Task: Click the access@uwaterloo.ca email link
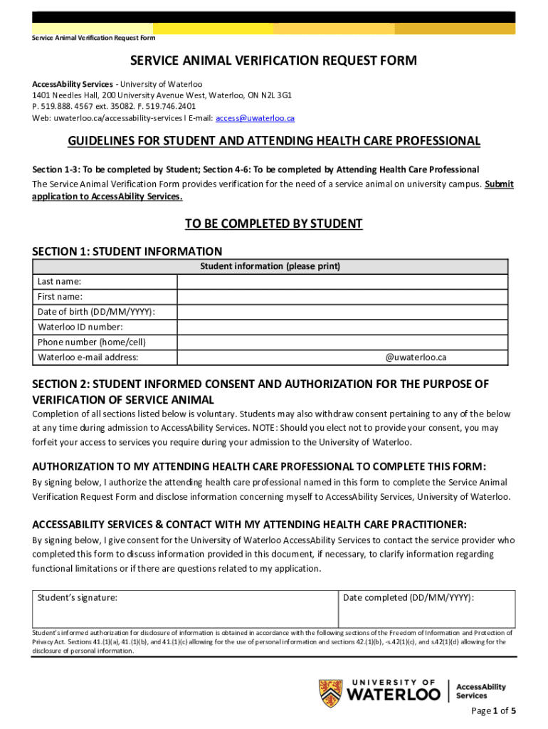(x=255, y=118)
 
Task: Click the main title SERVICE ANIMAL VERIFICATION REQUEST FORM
(x=273, y=61)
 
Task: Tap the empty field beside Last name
(x=342, y=281)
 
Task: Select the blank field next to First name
(x=342, y=297)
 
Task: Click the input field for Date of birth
(x=342, y=312)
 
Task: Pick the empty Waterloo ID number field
(x=342, y=327)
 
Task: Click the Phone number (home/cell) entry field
(x=342, y=342)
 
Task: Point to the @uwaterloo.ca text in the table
(x=416, y=357)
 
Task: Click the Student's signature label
(x=78, y=598)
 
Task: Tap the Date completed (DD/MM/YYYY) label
(x=408, y=598)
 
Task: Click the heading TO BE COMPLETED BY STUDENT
(x=274, y=224)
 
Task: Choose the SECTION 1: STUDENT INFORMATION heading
(x=127, y=251)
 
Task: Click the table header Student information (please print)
(x=270, y=266)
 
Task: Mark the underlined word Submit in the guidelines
(x=499, y=184)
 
